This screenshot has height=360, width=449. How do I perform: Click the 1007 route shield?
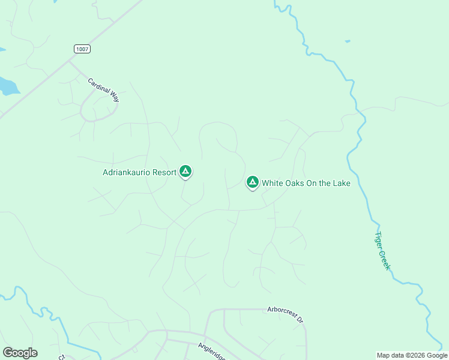pos(83,49)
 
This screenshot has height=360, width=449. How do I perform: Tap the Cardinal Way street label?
pos(103,90)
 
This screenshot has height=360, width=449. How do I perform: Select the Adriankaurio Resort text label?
pos(139,173)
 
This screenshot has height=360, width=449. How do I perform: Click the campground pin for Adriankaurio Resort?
pos(186,172)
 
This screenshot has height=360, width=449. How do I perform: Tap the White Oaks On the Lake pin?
pos(253,182)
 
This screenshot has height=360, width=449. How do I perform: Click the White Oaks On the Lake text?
pos(306,183)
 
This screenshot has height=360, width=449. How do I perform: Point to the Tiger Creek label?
pos(383,250)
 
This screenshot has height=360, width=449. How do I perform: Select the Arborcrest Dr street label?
pos(285,314)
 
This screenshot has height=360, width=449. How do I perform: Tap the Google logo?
pos(20,353)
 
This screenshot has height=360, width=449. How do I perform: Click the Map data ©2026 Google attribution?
pos(412,355)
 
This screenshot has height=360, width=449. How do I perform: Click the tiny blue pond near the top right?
pos(348,41)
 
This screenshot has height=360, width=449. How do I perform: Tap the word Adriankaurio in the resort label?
pos(127,173)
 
